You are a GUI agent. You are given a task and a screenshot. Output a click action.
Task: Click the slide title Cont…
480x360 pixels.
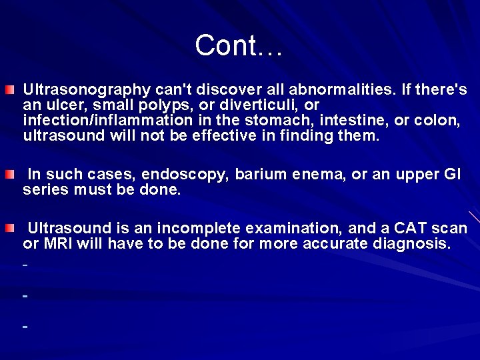[x=239, y=45]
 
